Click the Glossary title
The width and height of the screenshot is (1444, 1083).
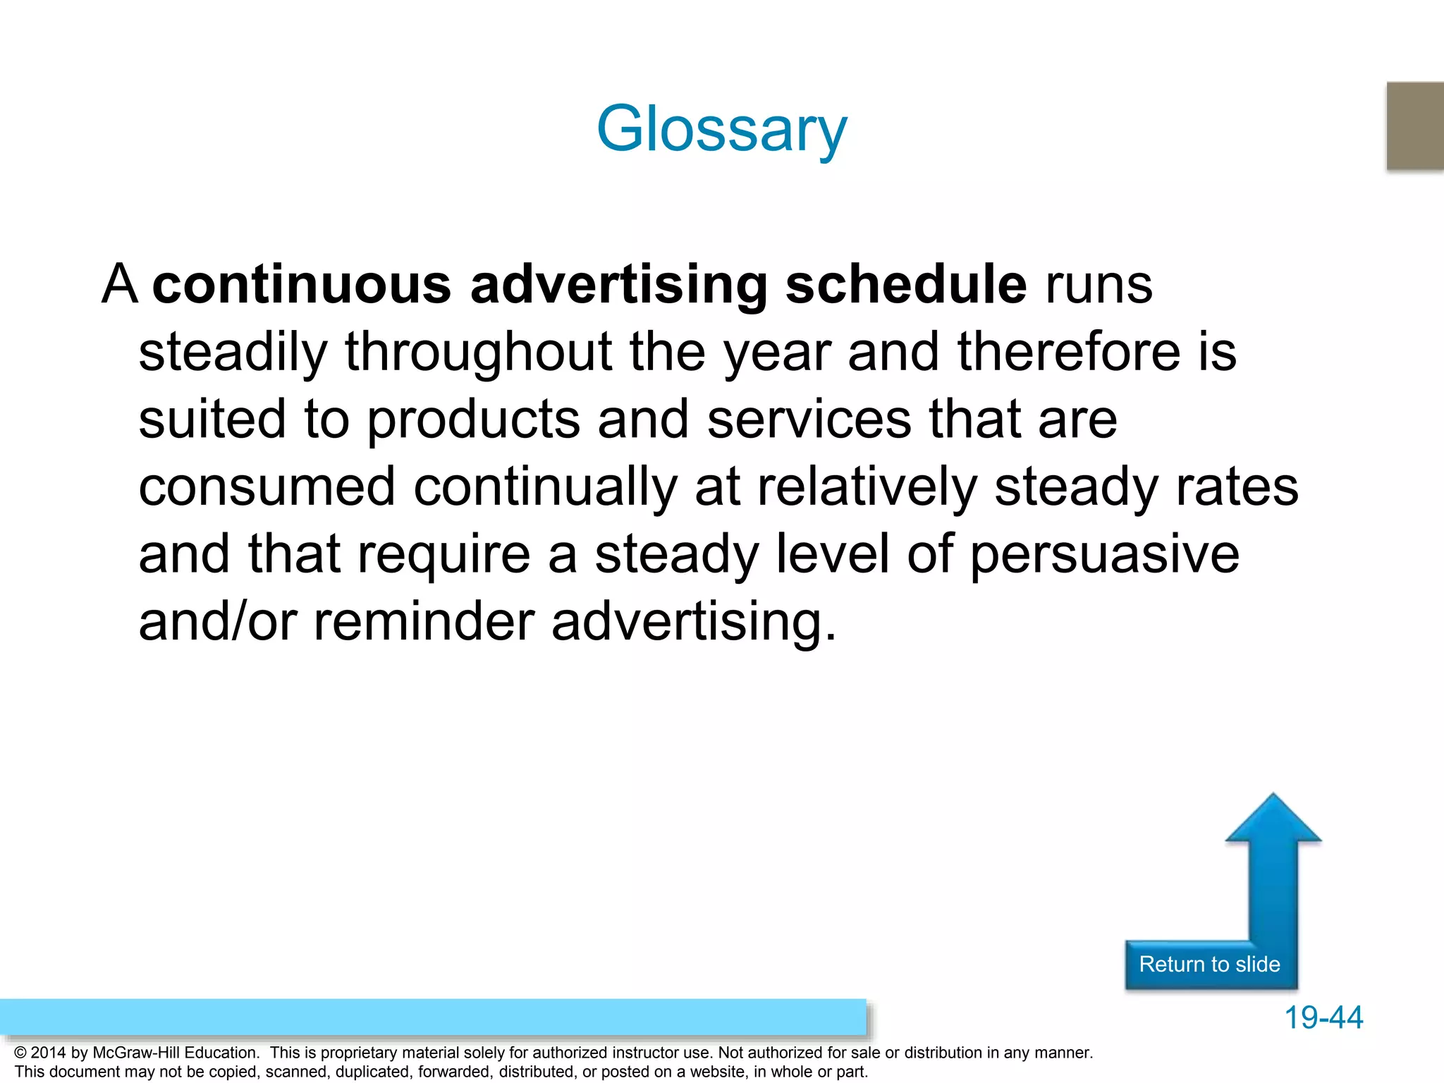[x=721, y=129]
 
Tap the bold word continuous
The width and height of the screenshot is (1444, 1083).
[x=302, y=285]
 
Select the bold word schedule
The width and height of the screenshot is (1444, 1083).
[x=905, y=285]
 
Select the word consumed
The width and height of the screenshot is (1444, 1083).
[x=267, y=487]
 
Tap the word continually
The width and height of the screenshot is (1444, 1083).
[x=545, y=487]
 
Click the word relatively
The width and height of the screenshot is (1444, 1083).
[x=867, y=487]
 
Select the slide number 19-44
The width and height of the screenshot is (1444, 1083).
[x=1323, y=1017]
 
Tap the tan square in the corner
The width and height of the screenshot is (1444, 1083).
[x=1414, y=126]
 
